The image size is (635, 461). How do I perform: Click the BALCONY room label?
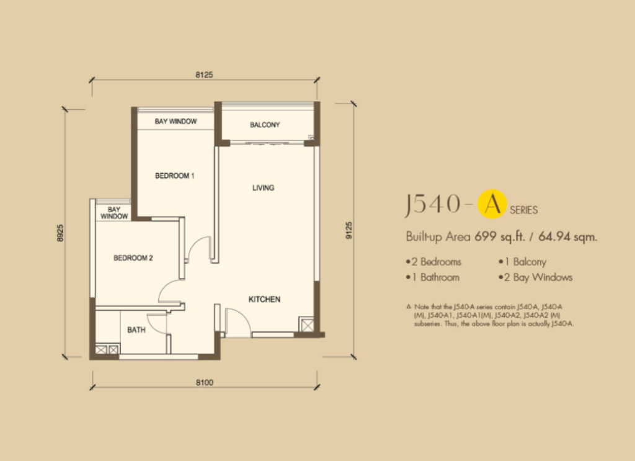[265, 125]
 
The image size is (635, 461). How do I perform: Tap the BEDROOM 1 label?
[174, 176]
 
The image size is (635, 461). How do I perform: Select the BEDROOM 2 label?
[133, 258]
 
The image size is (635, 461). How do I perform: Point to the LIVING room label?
[263, 188]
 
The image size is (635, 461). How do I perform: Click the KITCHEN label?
[264, 299]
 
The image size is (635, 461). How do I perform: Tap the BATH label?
[136, 330]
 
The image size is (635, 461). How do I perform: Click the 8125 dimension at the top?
[204, 74]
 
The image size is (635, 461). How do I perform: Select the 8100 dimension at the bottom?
[205, 382]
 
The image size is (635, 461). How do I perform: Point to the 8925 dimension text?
[60, 233]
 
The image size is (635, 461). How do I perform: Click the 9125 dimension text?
[349, 230]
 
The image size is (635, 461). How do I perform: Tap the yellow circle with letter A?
[492, 204]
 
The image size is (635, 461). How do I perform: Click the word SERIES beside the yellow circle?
[523, 210]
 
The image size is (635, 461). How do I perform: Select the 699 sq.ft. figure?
[500, 236]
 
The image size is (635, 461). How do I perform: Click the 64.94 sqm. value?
[568, 236]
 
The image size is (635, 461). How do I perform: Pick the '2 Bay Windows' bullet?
[535, 277]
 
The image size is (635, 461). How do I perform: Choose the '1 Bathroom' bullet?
[432, 277]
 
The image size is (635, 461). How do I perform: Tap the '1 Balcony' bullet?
[522, 262]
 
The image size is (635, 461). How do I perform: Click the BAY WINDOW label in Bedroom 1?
[175, 121]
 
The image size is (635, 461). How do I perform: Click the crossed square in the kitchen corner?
[306, 325]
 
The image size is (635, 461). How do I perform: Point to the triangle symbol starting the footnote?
[408, 307]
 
